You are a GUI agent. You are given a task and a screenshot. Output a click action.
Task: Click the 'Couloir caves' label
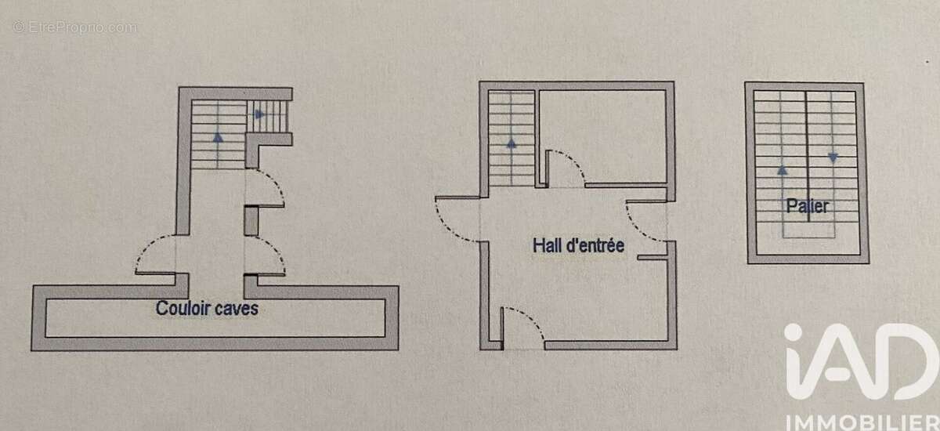click(207, 309)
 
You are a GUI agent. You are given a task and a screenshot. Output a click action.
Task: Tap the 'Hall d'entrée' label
click(578, 245)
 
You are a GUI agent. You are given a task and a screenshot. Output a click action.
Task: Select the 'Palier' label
click(808, 205)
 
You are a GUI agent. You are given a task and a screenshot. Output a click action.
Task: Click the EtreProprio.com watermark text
click(74, 27)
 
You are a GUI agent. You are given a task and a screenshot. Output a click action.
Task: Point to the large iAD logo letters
click(856, 362)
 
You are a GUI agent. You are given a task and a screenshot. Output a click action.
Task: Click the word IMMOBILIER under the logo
click(862, 422)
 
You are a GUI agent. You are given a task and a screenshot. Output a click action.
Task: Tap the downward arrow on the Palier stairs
click(833, 158)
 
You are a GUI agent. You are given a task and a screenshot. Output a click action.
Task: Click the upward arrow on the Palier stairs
click(783, 170)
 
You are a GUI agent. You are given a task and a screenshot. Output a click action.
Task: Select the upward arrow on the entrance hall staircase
click(511, 143)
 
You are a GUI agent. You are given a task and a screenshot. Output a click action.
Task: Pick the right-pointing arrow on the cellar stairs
click(259, 114)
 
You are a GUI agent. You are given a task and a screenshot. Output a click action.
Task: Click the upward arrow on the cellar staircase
click(218, 137)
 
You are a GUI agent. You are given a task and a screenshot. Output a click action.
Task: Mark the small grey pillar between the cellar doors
click(251, 221)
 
